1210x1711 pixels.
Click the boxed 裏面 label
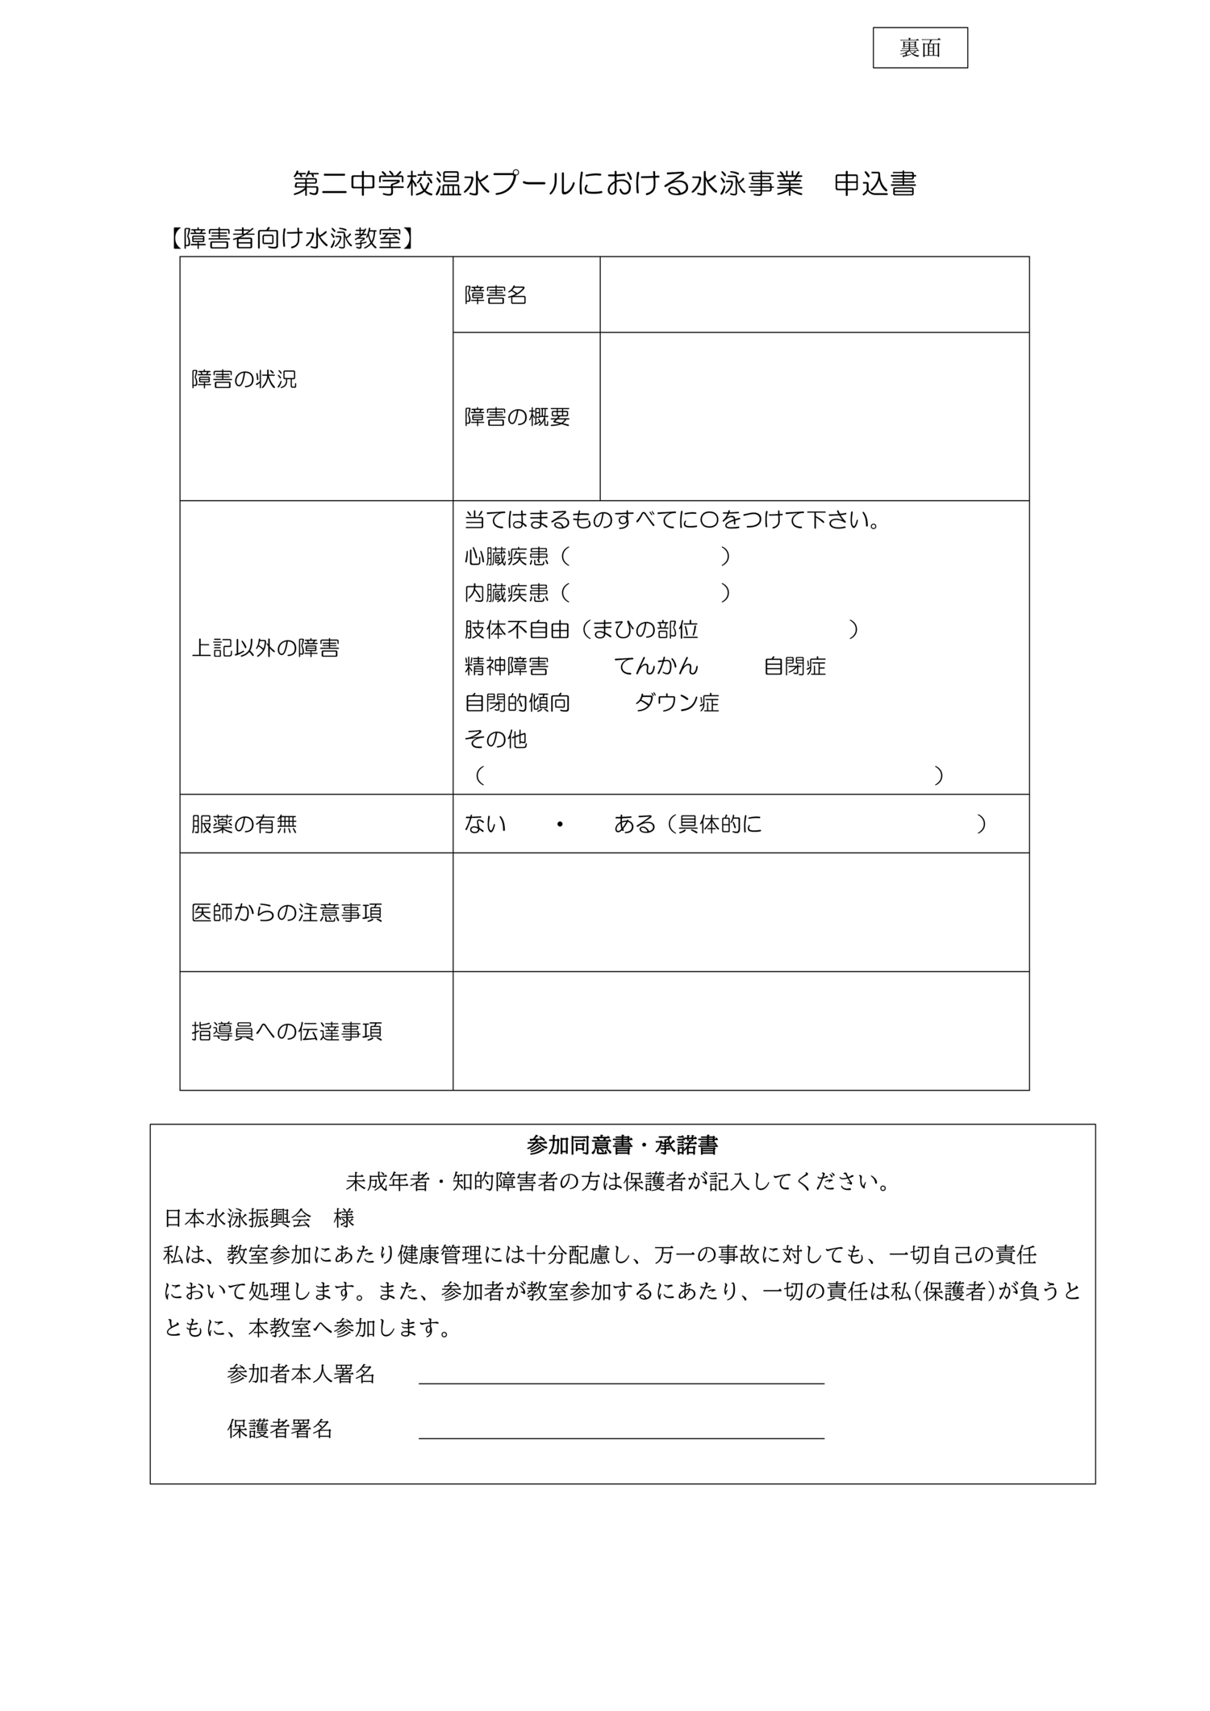(x=920, y=48)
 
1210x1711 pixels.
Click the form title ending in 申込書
(x=604, y=184)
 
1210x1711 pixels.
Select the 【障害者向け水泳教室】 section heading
(x=292, y=239)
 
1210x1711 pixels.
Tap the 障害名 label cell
(x=495, y=295)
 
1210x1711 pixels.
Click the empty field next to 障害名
(x=814, y=295)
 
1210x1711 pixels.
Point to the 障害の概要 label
(x=517, y=416)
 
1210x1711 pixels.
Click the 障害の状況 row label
(x=244, y=379)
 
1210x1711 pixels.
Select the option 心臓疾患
(x=507, y=557)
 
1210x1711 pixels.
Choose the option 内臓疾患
(x=507, y=593)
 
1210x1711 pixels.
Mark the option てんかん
(x=656, y=666)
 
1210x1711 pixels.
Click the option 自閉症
(x=795, y=666)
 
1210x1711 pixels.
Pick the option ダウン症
(x=677, y=703)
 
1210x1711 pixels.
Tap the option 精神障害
(x=507, y=666)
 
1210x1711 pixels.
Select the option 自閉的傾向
(x=517, y=703)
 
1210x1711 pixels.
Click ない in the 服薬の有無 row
(x=486, y=824)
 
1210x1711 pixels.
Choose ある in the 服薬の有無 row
(x=635, y=824)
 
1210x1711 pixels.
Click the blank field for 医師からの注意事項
(x=741, y=912)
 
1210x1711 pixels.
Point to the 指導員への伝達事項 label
(x=286, y=1031)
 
